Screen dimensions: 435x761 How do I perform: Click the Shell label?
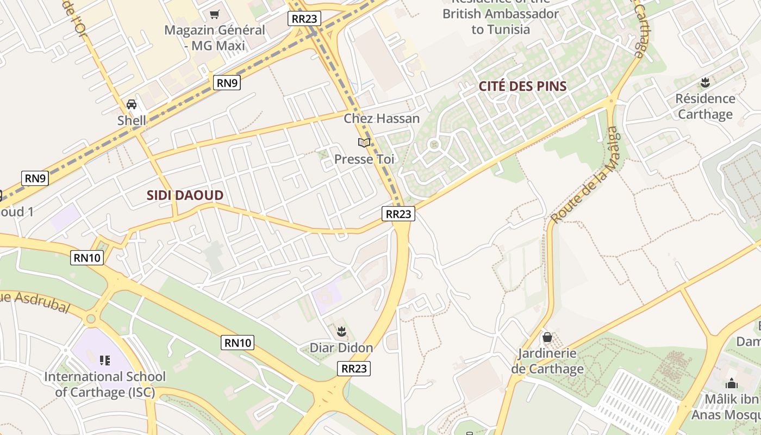pos(132,120)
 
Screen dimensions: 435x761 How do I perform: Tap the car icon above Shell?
pos(132,104)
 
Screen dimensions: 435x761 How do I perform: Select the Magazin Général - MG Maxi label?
pos(215,38)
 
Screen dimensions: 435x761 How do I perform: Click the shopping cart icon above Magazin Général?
pos(215,14)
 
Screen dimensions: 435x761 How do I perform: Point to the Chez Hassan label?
pos(382,119)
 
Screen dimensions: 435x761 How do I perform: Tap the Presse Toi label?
pos(364,159)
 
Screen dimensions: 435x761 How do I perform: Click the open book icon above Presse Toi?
pos(364,143)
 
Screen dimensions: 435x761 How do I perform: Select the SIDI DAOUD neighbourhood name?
pos(185,196)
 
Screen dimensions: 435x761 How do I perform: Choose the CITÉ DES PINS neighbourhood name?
pos(522,86)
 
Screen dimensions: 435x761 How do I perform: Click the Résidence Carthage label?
pos(705,107)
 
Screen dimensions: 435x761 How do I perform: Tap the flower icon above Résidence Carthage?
pos(705,83)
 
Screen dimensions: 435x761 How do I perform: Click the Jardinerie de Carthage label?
pos(547,361)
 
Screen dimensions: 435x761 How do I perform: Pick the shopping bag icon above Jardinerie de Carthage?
pos(547,338)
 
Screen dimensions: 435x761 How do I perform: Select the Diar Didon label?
pos(341,348)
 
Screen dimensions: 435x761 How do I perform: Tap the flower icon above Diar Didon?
pos(341,331)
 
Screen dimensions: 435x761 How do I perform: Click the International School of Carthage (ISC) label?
pos(105,384)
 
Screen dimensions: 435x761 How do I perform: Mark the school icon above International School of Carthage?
pos(105,360)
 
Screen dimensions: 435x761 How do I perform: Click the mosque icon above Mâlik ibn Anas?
pos(732,383)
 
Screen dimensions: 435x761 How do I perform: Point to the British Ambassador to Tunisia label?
pos(500,21)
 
